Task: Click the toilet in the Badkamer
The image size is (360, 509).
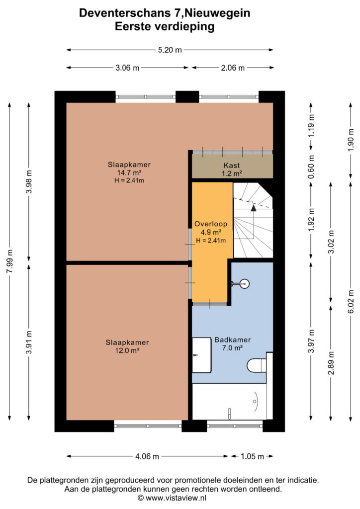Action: coord(257,365)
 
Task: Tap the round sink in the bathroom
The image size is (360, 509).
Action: coord(245,284)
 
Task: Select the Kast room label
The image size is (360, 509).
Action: coord(232,166)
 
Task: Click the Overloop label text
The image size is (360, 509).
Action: coord(211,224)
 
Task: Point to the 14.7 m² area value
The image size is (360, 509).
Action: coord(129,172)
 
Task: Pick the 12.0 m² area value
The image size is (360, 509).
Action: coord(127,350)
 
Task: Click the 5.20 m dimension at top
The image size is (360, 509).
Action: coord(170,50)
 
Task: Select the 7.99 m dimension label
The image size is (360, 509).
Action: coord(10,261)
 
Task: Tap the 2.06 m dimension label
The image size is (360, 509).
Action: coord(233,68)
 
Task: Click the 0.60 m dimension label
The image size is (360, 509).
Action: coord(311,167)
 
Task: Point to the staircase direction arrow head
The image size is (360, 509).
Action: coord(254,208)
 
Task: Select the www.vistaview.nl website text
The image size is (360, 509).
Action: coord(176,498)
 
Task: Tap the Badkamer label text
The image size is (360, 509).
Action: coord(232,340)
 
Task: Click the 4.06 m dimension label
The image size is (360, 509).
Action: coord(147,456)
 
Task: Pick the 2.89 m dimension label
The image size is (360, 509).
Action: coord(331,363)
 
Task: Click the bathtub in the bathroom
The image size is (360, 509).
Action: coord(229,402)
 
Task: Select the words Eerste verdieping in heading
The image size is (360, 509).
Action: coord(165,26)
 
